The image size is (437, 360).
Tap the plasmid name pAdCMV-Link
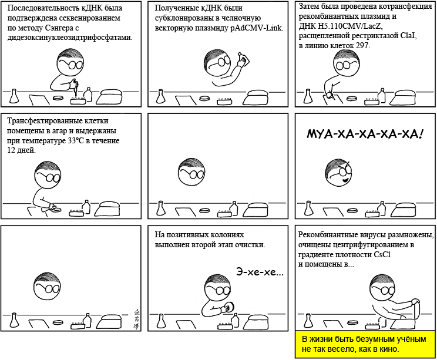point(257,28)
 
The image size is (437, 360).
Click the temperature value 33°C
point(76,140)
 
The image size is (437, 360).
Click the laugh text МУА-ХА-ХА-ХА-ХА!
point(365,134)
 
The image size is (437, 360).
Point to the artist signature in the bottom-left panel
point(136,318)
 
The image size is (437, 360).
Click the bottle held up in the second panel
point(244,59)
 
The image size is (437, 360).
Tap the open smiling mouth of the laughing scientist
point(345,180)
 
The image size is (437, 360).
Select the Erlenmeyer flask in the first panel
point(14,96)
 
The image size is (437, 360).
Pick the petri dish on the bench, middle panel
point(205,211)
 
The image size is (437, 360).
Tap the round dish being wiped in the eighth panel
point(231,307)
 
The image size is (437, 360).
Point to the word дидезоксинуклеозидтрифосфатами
point(69,38)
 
